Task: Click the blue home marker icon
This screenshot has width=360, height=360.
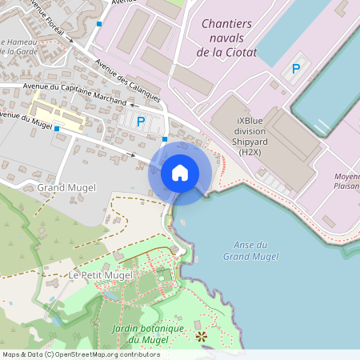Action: [180, 173]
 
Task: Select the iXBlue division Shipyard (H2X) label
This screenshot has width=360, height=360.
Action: [251, 136]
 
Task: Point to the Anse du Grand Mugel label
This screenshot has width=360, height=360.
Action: [250, 250]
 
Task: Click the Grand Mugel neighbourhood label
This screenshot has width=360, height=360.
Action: [66, 188]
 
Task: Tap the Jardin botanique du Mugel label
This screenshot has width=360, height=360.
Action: [149, 334]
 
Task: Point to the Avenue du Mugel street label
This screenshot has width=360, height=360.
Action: [29, 118]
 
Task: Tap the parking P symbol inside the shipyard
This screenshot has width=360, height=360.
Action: [296, 69]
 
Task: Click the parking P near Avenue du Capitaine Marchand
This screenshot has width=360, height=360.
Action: [141, 122]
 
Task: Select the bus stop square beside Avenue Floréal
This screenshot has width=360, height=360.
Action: [98, 24]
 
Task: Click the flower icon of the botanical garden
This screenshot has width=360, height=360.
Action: [201, 337]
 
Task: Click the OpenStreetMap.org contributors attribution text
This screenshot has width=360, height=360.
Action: [104, 354]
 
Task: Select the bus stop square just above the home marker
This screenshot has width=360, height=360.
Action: [165, 140]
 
